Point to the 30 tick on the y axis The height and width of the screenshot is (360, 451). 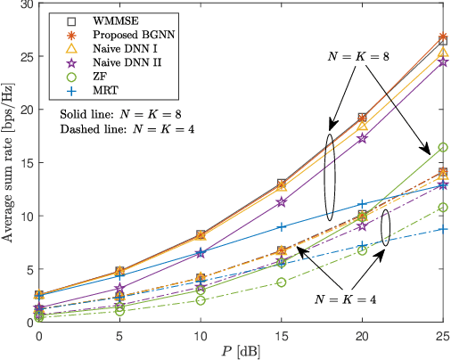(x=25, y=5)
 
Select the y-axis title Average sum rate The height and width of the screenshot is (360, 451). (x=8, y=163)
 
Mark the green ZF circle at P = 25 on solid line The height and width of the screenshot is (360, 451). (x=443, y=147)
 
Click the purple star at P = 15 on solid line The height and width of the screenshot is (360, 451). (x=282, y=202)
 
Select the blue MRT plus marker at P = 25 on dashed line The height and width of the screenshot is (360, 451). (x=443, y=230)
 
